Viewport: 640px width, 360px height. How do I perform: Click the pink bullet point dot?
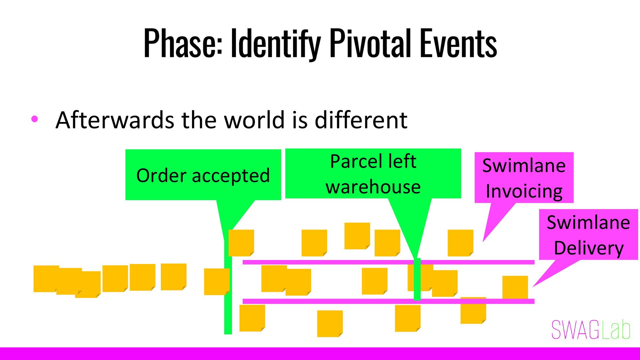pos(35,119)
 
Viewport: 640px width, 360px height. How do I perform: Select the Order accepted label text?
pos(203,175)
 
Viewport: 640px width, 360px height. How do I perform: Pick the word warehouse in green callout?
pos(373,187)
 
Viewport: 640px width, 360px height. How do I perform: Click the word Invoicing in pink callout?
pos(524,191)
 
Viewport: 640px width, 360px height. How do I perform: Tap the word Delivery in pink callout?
pos(589,248)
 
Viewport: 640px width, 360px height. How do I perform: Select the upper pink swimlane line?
pos(333,262)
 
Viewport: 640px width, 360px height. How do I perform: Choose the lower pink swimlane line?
pos(333,301)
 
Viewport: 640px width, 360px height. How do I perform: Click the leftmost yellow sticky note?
pos(46,279)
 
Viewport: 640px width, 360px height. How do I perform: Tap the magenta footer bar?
pos(320,354)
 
